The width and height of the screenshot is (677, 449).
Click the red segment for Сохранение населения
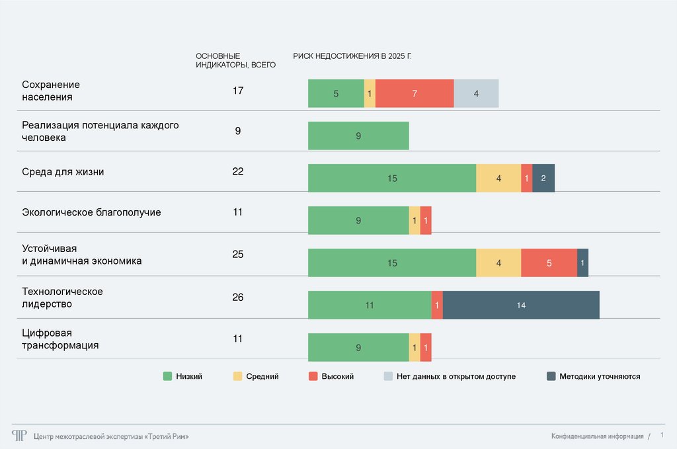pos(415,93)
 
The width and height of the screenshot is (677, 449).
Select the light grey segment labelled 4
pos(476,93)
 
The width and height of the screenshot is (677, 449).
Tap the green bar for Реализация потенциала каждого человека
pos(358,136)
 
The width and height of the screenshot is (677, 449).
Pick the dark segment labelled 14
pos(521,305)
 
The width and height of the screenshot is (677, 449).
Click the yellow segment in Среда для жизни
pos(498,178)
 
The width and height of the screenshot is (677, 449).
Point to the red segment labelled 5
pos(549,263)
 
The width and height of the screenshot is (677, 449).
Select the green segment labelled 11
pos(370,305)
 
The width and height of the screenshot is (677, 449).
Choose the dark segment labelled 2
pos(543,178)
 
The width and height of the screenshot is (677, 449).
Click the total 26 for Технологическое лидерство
pos(238,298)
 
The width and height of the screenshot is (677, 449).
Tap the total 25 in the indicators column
pos(238,254)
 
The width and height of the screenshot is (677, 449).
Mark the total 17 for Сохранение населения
pos(238,90)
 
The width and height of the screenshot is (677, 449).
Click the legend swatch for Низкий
pos(168,376)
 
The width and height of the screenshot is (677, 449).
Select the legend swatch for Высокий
pos(313,376)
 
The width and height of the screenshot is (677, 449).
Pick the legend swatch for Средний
pos(238,376)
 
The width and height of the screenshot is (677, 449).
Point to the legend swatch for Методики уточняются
pos(551,376)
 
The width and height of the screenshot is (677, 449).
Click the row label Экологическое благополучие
pos(91,212)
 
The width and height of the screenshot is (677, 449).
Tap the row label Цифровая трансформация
pos(60,339)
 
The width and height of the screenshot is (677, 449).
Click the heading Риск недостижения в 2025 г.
pos(352,56)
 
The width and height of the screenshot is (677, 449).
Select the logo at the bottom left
pos(19,435)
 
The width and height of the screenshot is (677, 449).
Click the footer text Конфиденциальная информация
pos(597,436)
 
